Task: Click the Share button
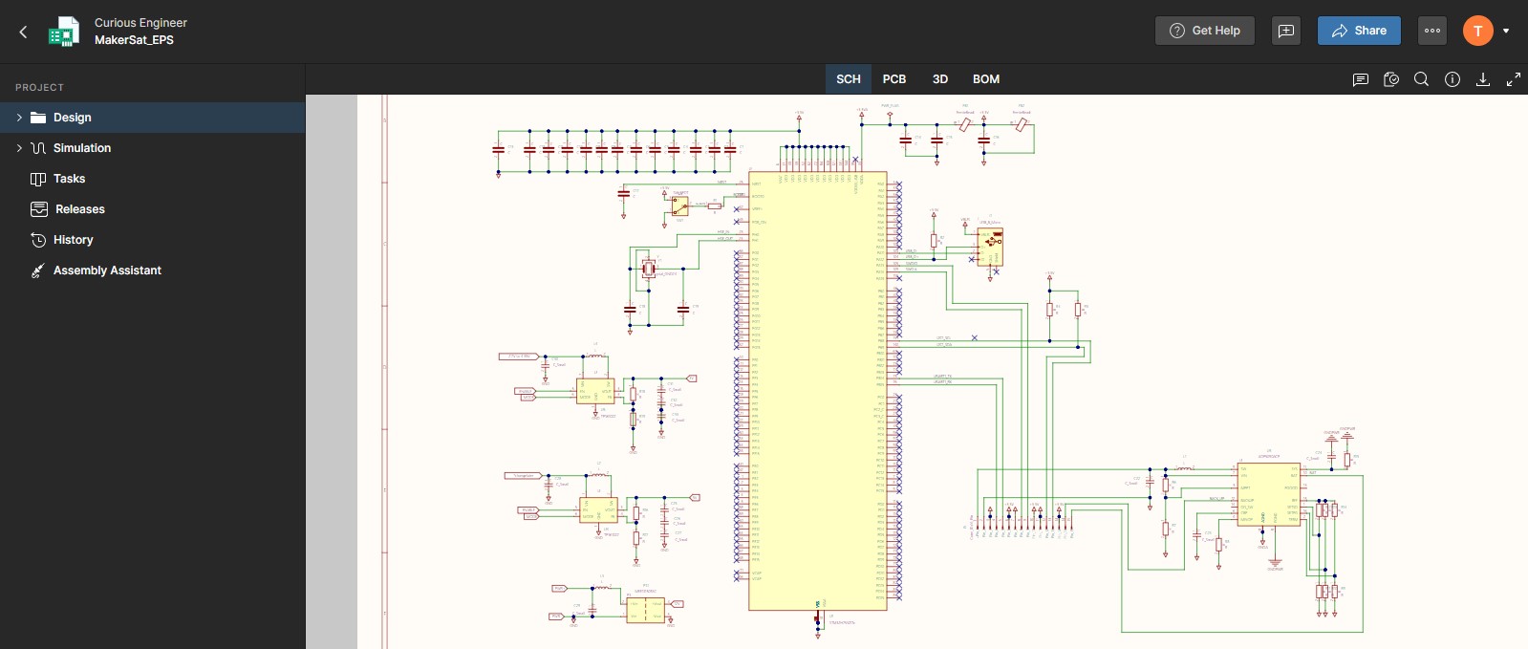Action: pyautogui.click(x=1358, y=31)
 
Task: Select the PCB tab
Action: pyautogui.click(x=893, y=79)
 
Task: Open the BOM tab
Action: pyautogui.click(x=985, y=79)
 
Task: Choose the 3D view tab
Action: pyautogui.click(x=939, y=79)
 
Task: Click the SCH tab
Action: pyautogui.click(x=848, y=79)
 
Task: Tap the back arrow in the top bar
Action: pyautogui.click(x=23, y=32)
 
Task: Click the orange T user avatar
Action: pyautogui.click(x=1477, y=31)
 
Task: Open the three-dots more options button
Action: pyautogui.click(x=1431, y=31)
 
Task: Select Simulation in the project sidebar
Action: pyautogui.click(x=82, y=148)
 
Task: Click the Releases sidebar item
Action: pyautogui.click(x=79, y=209)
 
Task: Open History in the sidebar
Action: pyautogui.click(x=73, y=240)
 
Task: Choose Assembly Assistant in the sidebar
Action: pyautogui.click(x=107, y=270)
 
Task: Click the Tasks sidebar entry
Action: pyautogui.click(x=69, y=179)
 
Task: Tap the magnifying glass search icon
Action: pyautogui.click(x=1421, y=79)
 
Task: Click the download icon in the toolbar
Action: pyautogui.click(x=1482, y=79)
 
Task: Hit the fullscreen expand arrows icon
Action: pyautogui.click(x=1513, y=79)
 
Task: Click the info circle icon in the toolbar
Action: pyautogui.click(x=1452, y=79)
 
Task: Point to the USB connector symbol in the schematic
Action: pyautogui.click(x=990, y=247)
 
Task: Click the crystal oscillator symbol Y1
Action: pyautogui.click(x=649, y=268)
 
